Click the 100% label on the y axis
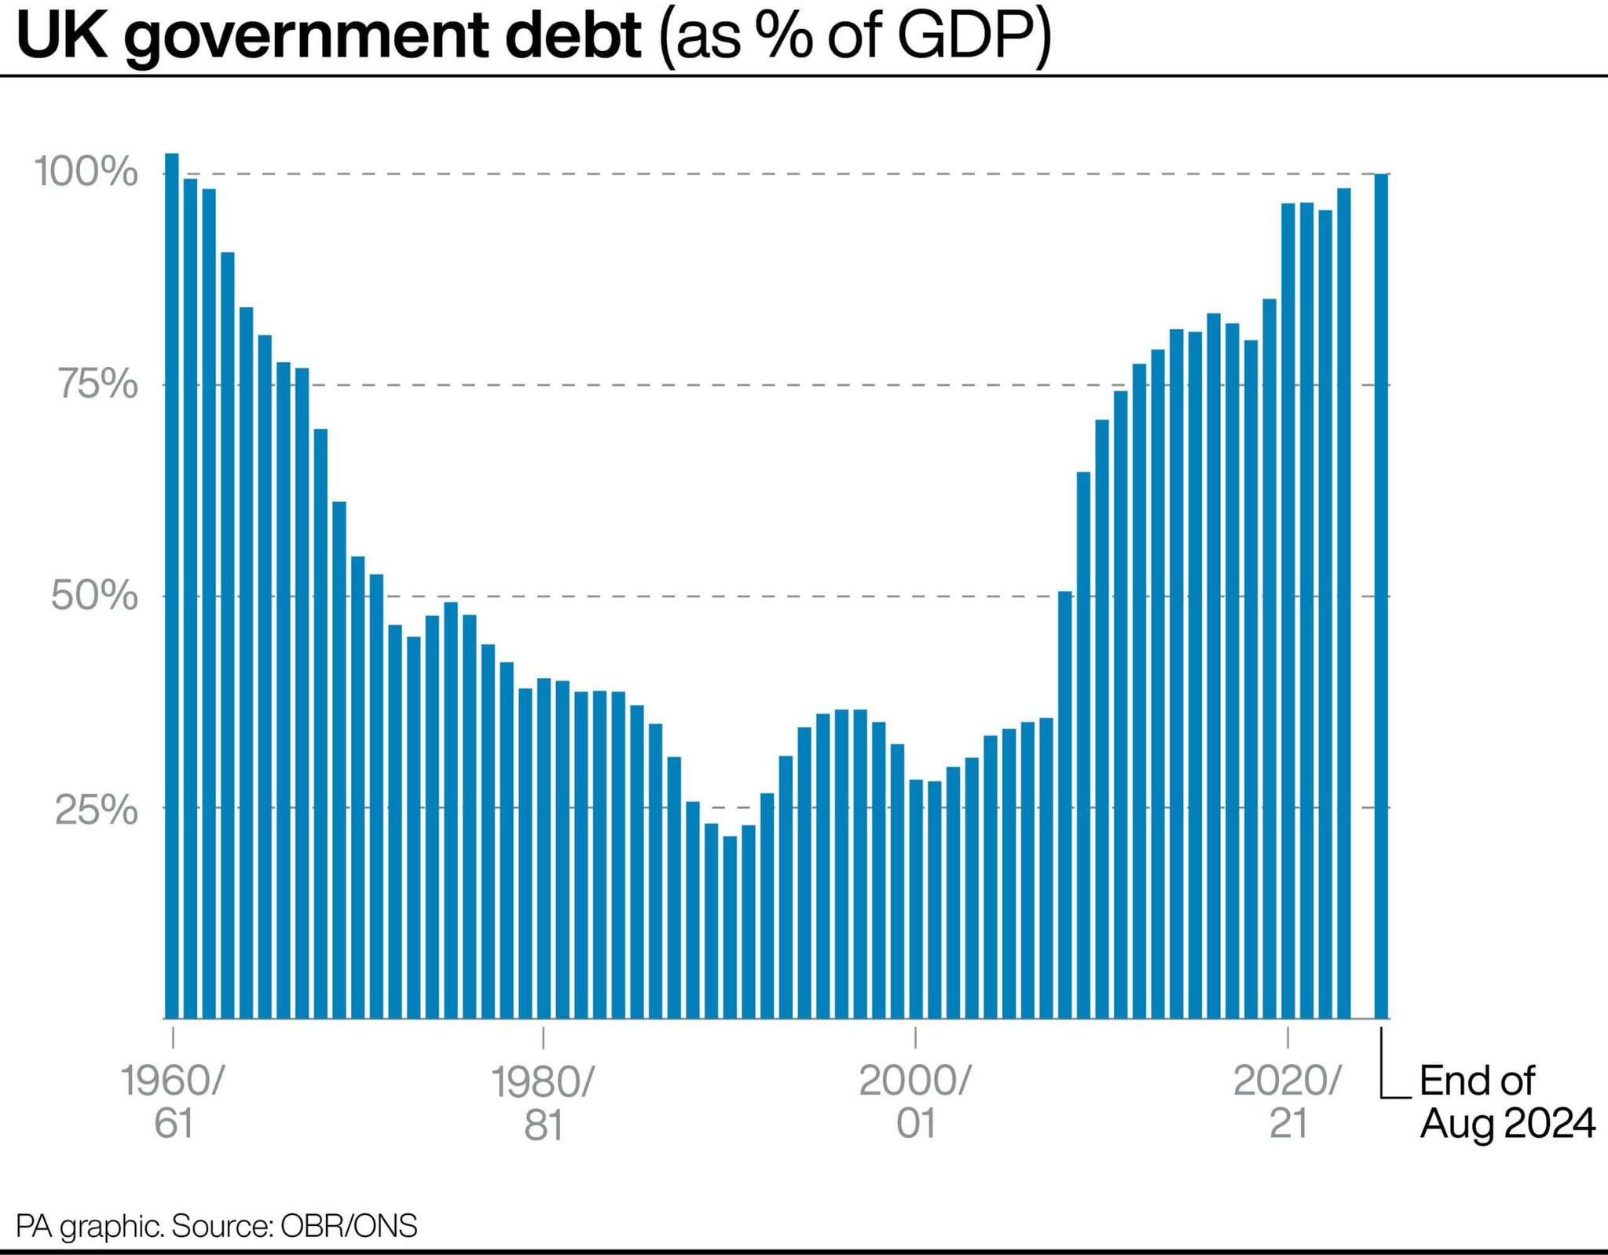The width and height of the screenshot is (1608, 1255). click(86, 172)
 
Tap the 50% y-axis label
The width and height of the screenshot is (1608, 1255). click(94, 596)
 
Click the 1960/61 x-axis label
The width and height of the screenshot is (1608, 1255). click(173, 1102)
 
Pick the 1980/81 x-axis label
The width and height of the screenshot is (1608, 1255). click(543, 1103)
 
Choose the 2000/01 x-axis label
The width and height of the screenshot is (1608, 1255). click(915, 1102)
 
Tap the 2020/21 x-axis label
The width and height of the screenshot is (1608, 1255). click(1287, 1102)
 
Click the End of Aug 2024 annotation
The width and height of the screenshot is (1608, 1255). click(1507, 1102)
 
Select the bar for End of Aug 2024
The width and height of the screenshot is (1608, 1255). click(1381, 597)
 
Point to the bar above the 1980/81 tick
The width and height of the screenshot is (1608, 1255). click(544, 849)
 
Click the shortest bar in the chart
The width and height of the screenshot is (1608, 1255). click(730, 927)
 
